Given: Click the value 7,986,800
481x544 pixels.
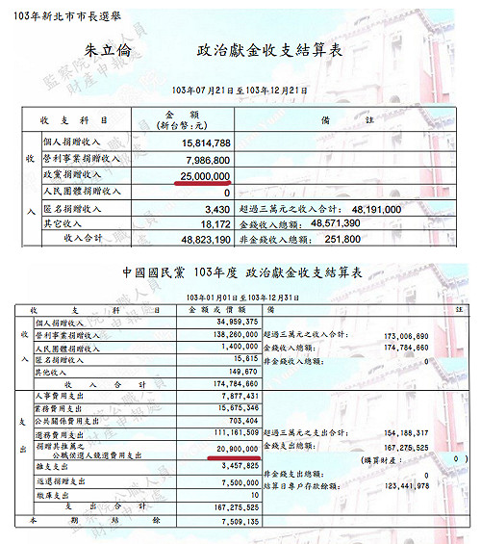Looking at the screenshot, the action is click(205, 161).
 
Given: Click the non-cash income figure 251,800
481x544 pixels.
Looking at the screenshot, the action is click(354, 238).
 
